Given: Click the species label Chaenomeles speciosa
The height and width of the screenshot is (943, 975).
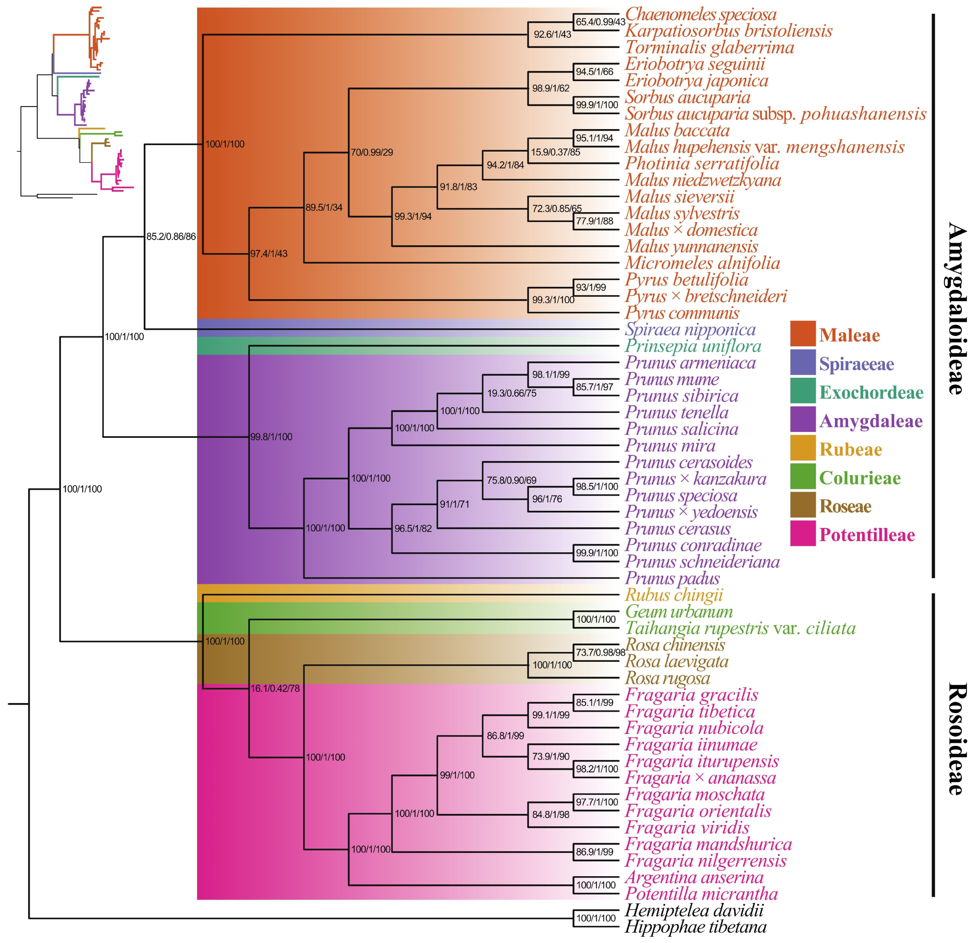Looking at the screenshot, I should (x=701, y=14).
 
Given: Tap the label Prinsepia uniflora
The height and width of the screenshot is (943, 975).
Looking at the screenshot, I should (x=693, y=346).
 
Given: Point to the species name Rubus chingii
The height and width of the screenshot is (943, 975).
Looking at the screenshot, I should (x=673, y=595).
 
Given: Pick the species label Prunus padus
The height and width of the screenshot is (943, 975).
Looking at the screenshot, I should (x=672, y=578).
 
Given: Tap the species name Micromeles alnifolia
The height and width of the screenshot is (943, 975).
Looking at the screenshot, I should (x=702, y=263).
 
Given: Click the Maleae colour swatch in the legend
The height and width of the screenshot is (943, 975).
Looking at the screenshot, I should (x=803, y=334).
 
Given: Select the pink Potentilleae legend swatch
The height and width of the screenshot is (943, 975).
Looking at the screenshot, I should (x=803, y=534).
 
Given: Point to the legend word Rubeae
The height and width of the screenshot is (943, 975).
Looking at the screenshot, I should (x=851, y=450).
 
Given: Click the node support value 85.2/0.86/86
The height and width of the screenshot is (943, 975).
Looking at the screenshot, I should (x=171, y=237).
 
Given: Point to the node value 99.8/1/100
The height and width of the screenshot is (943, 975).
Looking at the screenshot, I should (x=271, y=437).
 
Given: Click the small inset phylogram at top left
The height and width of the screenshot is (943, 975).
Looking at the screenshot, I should (x=75, y=102).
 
